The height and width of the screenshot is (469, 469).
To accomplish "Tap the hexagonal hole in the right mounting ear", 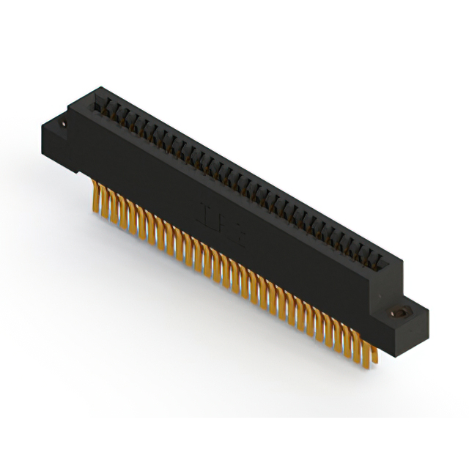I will (x=402, y=313).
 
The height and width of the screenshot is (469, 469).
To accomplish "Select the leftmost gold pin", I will (x=95, y=197).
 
